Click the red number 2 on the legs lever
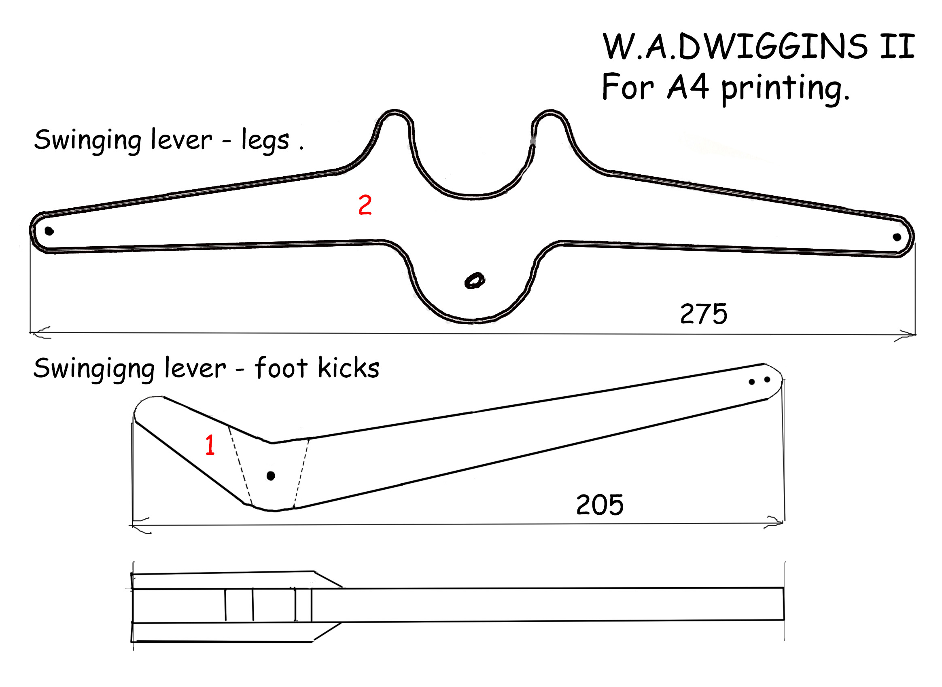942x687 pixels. pos(365,205)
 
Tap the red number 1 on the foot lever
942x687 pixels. pos(210,444)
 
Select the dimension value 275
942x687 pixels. pos(704,314)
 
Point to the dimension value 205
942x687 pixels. pos(600,505)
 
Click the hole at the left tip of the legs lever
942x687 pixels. pos(49,231)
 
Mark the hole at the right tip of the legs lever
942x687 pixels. pos(897,237)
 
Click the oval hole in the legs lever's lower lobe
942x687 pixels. pos(474,280)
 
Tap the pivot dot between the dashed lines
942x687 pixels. pos(271,476)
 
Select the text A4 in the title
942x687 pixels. pos(688,87)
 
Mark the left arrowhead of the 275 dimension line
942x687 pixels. pos(40,332)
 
